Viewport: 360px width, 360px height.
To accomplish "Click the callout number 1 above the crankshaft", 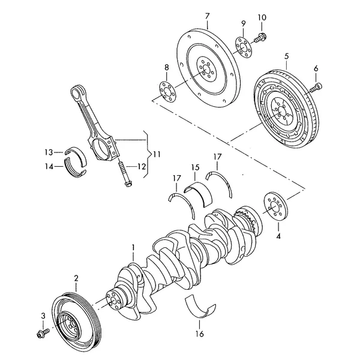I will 134,247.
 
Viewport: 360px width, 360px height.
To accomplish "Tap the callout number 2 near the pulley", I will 76,278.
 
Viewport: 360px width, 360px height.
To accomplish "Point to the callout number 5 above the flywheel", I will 286,56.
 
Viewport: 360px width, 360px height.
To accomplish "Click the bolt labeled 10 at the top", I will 262,38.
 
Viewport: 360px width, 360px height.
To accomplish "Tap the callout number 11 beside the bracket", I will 157,154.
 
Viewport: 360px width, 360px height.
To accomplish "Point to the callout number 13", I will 49,151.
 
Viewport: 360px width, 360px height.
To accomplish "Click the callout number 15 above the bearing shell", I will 195,167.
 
